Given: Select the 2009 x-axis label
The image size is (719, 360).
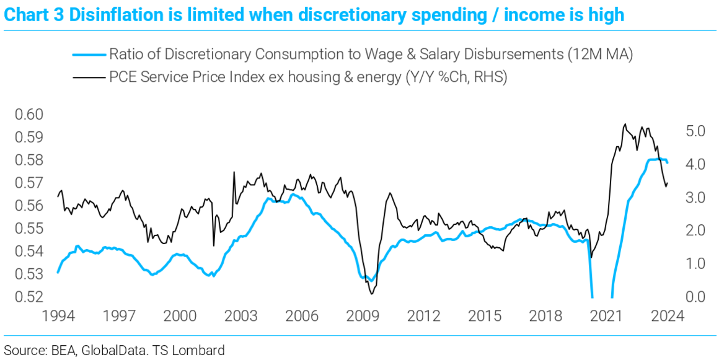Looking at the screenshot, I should point(363,316).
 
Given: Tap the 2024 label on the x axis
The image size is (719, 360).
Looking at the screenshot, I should point(667,316).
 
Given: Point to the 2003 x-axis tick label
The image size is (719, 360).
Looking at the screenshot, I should point(240,316).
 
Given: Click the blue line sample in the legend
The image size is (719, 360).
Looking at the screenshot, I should point(89,55).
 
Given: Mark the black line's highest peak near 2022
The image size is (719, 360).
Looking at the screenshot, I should point(624,124).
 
